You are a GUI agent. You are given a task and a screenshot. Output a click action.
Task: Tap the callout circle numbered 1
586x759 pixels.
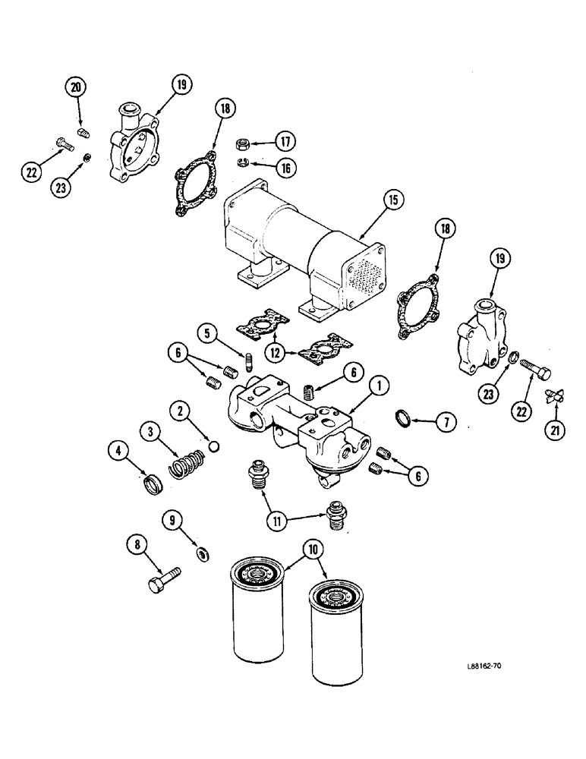[x=379, y=388]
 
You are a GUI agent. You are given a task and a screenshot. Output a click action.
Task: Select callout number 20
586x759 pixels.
[x=76, y=88]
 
